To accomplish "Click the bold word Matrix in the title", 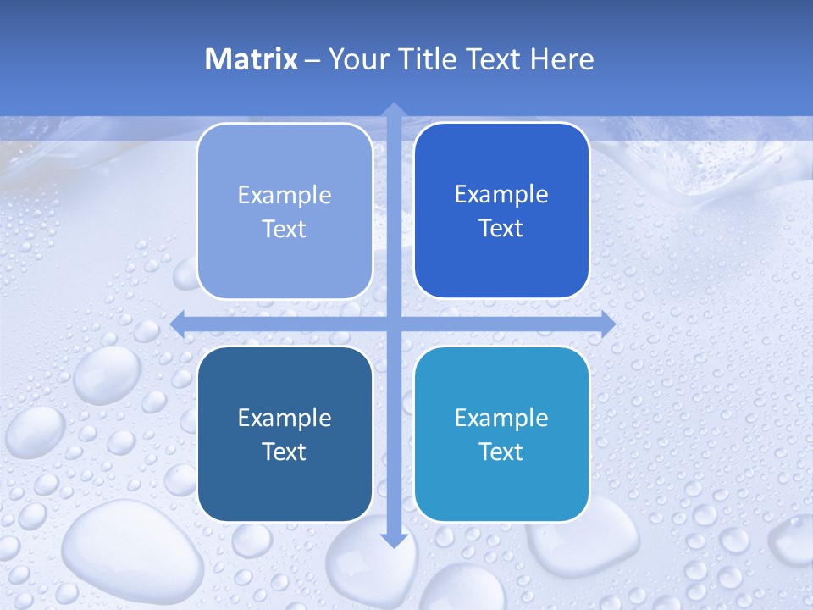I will (252, 59).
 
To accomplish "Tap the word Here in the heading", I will (561, 59).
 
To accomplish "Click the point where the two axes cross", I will (393, 323).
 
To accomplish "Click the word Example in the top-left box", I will (285, 195).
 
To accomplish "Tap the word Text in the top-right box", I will (501, 229).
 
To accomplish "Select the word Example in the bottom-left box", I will (285, 418).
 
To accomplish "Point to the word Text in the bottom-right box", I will (501, 452).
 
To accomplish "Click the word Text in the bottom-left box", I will (285, 452).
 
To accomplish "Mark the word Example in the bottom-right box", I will (501, 418).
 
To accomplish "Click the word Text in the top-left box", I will (285, 229).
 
